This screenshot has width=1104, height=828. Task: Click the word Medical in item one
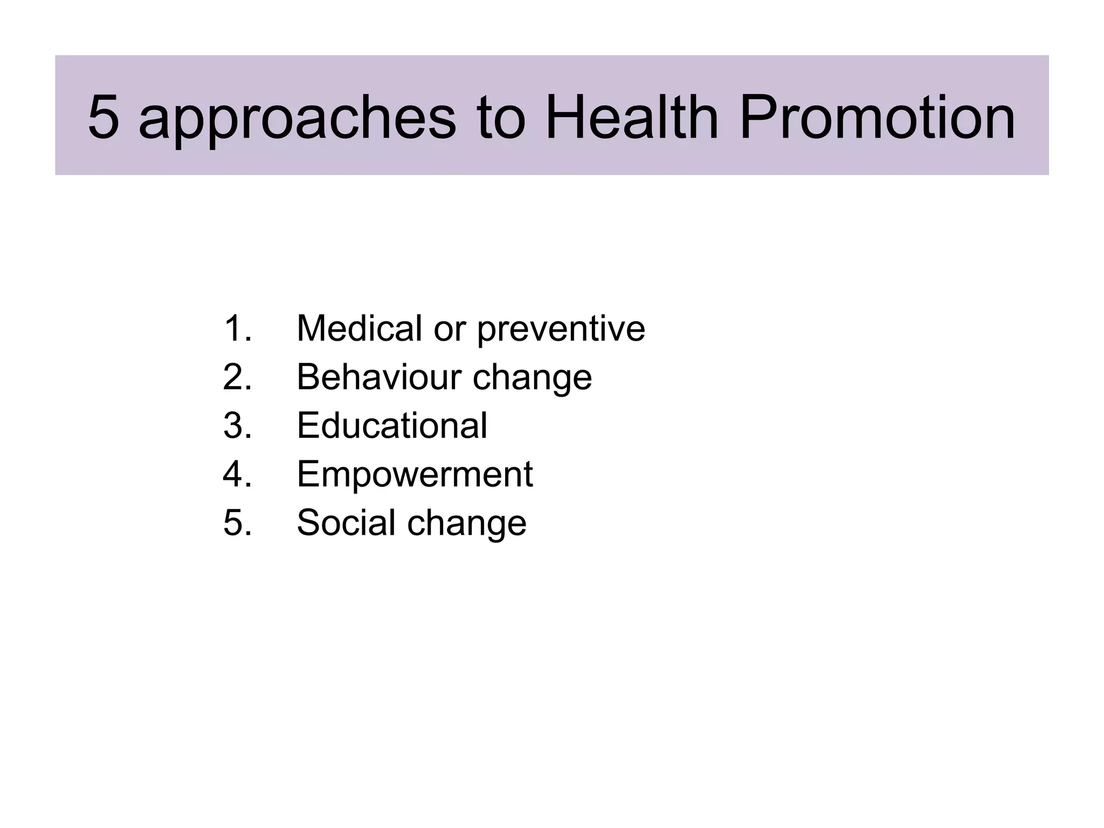359,328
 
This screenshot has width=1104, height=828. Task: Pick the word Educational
392,425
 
